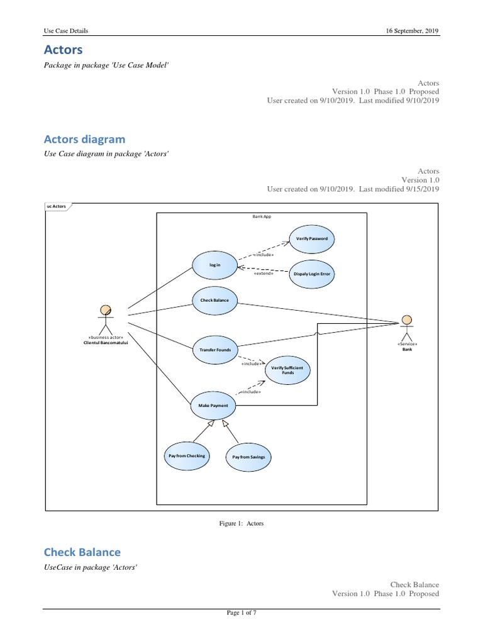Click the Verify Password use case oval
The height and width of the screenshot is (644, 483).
311,239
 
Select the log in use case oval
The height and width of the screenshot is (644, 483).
214,265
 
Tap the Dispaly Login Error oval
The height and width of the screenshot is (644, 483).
311,275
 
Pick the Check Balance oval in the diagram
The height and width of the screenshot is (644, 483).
214,300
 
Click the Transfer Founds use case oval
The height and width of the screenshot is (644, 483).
214,349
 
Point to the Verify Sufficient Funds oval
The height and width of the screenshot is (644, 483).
287,370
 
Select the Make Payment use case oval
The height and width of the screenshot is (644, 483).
213,406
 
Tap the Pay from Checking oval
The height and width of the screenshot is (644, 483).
186,455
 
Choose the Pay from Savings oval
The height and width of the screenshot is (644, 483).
248,457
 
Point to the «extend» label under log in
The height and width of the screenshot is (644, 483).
263,273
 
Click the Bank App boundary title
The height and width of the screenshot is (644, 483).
261,216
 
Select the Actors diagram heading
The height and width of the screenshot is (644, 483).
84,139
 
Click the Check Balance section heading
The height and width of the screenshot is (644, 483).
82,552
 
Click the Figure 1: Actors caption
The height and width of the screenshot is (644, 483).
241,523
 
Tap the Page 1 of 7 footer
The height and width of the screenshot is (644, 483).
241,614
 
